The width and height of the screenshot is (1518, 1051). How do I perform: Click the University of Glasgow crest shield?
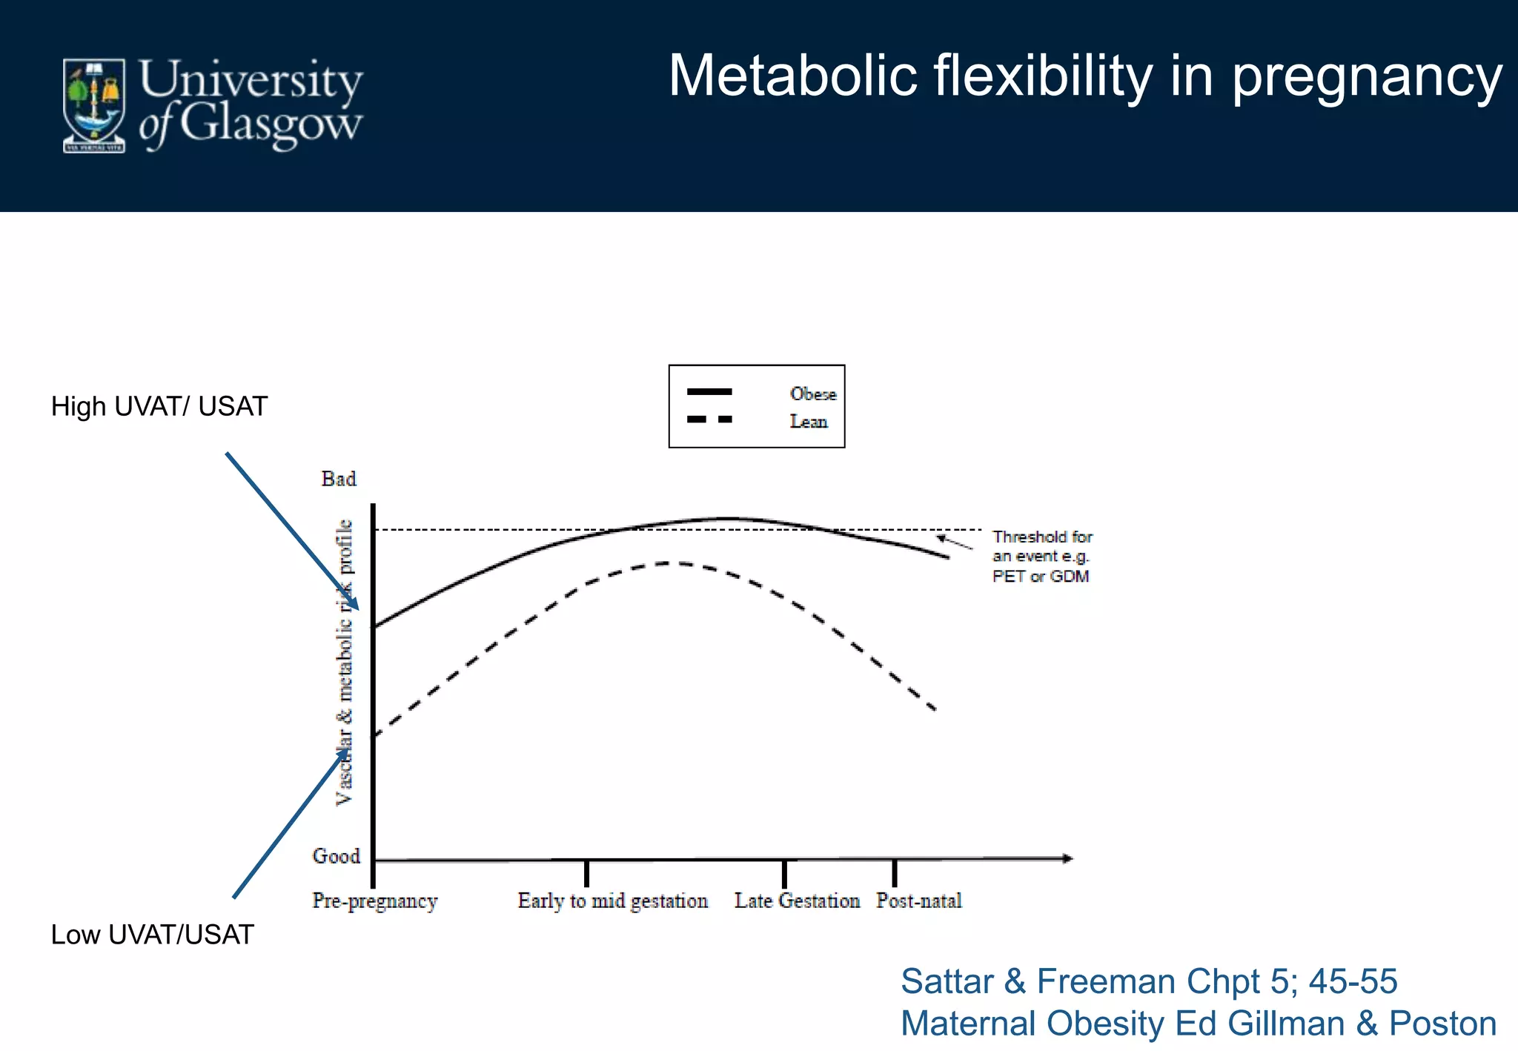click(x=93, y=105)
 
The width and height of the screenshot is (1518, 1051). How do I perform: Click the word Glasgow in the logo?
click(x=271, y=125)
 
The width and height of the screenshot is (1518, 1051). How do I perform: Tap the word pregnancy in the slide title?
click(x=1367, y=77)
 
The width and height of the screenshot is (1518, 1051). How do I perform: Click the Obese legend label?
click(x=812, y=394)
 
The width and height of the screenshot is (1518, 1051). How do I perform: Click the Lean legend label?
click(x=808, y=422)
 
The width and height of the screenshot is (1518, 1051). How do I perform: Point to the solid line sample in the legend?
click(x=709, y=391)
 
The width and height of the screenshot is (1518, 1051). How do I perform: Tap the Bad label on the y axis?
click(x=339, y=479)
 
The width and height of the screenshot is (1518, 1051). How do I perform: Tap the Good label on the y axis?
click(x=337, y=856)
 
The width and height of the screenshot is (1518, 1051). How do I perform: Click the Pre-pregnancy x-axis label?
click(x=375, y=901)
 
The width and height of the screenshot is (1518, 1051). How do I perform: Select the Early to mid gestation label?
click(x=612, y=901)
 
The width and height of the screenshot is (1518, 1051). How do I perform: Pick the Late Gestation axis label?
click(x=797, y=901)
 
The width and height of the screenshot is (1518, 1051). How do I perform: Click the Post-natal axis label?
click(x=918, y=901)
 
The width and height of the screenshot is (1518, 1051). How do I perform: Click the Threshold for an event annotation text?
click(x=1041, y=557)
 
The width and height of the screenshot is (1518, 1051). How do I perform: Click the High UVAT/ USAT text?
click(x=159, y=407)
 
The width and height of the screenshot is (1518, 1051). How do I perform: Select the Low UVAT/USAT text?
click(x=152, y=935)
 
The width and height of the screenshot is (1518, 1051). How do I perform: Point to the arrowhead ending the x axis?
click(x=1067, y=858)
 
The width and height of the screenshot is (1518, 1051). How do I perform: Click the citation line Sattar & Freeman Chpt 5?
click(x=1148, y=981)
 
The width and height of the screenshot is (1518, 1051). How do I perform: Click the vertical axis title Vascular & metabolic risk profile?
click(x=345, y=662)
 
